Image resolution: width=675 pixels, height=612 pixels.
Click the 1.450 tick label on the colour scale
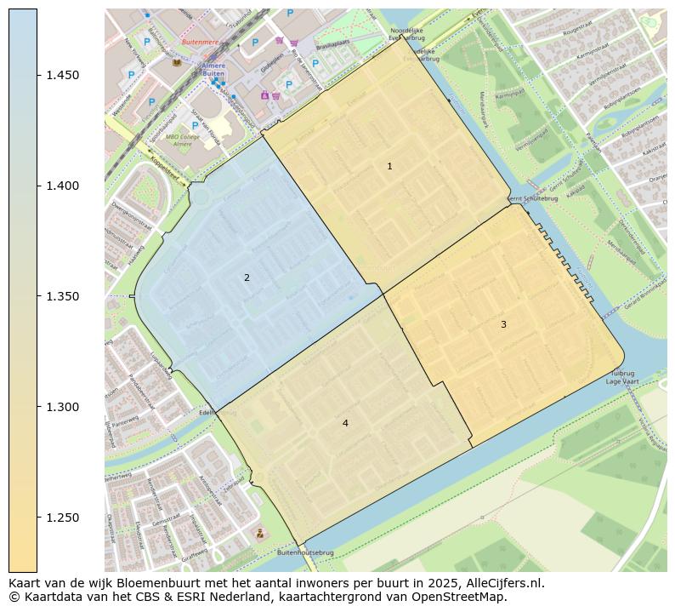(x=64, y=76)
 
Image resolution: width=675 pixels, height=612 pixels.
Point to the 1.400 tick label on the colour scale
(x=64, y=186)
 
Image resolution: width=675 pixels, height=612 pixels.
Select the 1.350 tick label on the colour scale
(x=64, y=297)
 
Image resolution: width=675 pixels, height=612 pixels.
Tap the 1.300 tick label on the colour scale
(x=64, y=408)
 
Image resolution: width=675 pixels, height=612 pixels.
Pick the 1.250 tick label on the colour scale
(x=64, y=518)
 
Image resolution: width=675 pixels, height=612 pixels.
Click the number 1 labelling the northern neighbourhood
(x=389, y=167)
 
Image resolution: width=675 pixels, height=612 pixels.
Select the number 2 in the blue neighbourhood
(x=247, y=277)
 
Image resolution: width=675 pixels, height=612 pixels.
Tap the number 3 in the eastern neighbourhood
(x=503, y=324)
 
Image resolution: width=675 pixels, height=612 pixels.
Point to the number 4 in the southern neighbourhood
(x=345, y=423)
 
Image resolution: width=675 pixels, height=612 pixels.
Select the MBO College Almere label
(x=182, y=140)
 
